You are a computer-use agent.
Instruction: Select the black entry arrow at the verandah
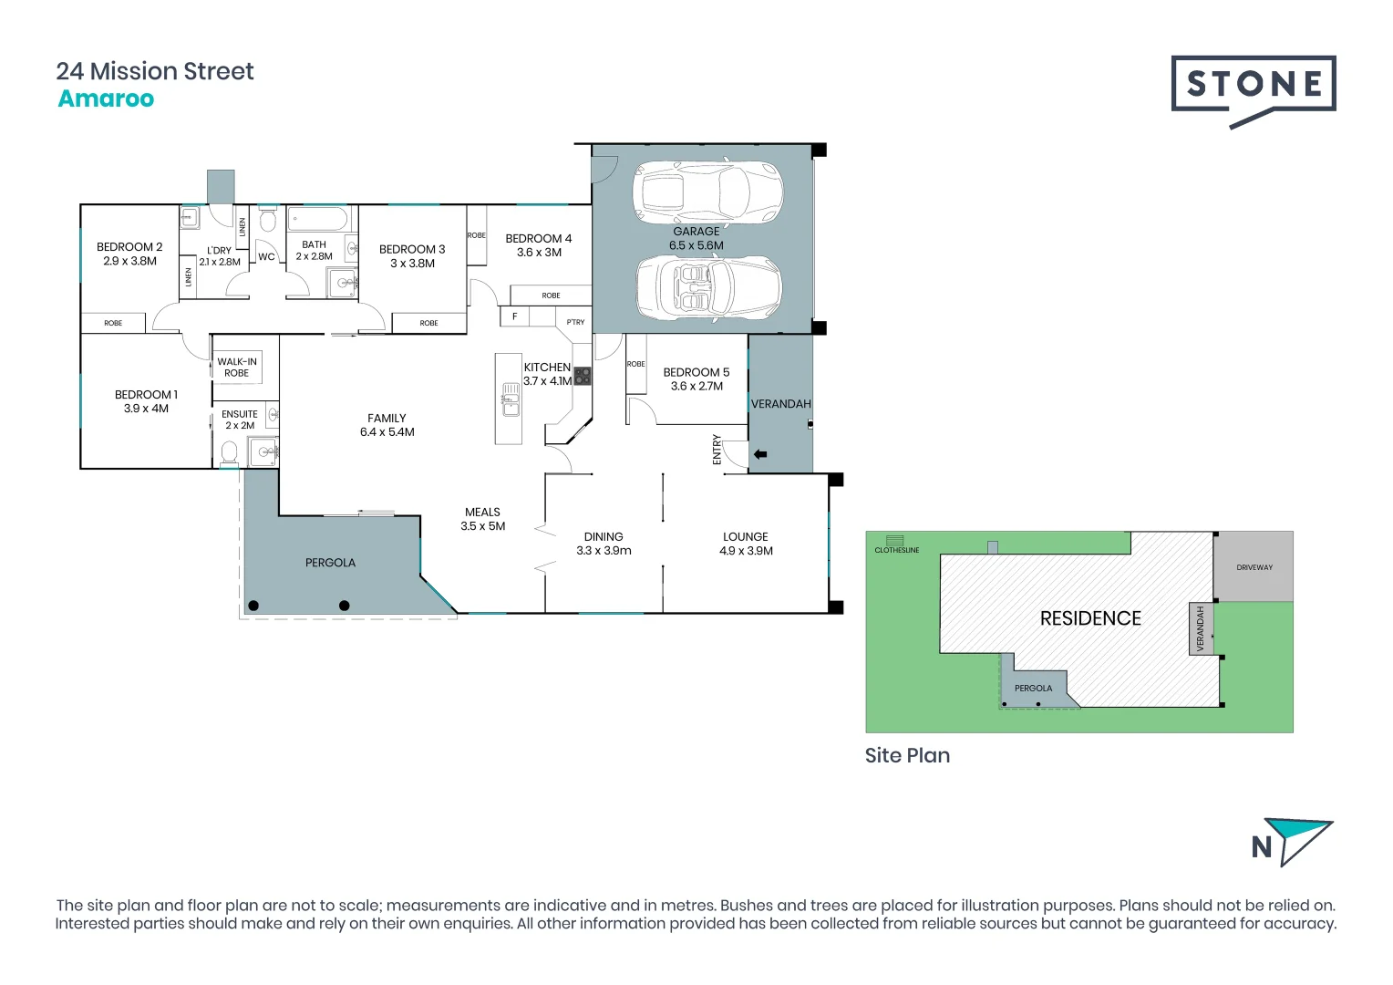[x=759, y=454]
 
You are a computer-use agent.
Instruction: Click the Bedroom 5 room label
[x=696, y=378]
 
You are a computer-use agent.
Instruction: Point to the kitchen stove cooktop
[x=582, y=376]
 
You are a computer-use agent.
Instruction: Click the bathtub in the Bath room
[x=318, y=219]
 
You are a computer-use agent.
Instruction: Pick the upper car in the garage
[x=707, y=192]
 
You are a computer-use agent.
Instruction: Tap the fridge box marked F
[x=514, y=316]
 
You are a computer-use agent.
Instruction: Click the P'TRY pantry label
[x=575, y=322]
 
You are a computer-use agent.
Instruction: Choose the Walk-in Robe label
[x=237, y=367]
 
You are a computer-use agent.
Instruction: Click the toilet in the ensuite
[x=229, y=452]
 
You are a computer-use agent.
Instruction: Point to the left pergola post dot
[x=253, y=606]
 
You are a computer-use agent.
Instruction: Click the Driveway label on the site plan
[x=1254, y=567]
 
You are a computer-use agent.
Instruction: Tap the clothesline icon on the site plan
[x=895, y=541]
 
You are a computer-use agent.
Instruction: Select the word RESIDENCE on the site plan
[x=1090, y=618]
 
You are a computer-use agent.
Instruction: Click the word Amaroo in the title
[x=106, y=98]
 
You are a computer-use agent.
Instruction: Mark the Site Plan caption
[x=907, y=755]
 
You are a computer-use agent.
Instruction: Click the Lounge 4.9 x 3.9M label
[x=746, y=544]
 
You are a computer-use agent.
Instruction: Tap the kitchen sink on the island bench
[x=511, y=400]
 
